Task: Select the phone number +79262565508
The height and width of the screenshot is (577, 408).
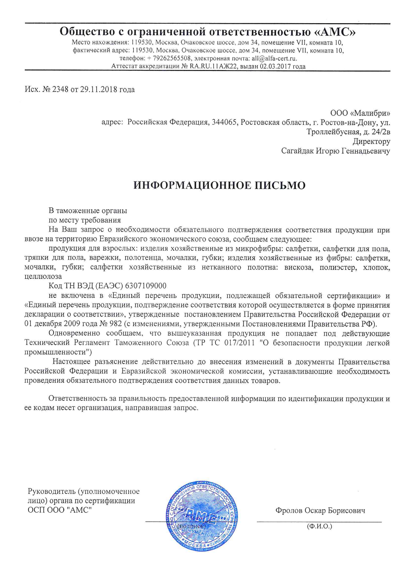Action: click(169, 59)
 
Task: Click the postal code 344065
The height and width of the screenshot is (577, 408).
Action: click(225, 122)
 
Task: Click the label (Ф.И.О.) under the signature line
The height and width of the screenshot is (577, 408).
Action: click(319, 526)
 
